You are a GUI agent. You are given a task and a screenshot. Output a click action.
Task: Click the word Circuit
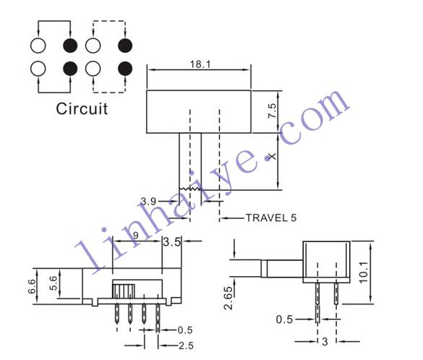82,108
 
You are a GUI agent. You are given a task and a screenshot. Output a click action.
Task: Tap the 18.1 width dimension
200,64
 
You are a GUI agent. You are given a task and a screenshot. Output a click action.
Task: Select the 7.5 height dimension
272,111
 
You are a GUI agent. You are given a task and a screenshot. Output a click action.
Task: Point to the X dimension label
273,156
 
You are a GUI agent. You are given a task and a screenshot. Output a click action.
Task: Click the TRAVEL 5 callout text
271,218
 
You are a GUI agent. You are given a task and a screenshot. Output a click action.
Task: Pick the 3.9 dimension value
148,201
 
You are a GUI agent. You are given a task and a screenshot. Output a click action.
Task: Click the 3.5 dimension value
171,242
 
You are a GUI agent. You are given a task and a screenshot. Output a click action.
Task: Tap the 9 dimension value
136,236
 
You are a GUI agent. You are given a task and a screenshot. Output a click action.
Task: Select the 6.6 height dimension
32,286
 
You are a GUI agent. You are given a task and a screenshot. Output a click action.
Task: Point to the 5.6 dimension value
53,283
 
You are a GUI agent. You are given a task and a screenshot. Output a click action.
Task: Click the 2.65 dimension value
228,298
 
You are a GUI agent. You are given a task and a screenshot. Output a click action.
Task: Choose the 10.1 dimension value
364,272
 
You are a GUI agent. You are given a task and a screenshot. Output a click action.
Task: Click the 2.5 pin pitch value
186,346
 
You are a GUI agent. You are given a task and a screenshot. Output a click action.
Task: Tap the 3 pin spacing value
325,342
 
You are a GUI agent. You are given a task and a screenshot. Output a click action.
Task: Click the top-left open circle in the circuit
38,46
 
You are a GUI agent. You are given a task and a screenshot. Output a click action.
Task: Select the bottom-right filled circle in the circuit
125,69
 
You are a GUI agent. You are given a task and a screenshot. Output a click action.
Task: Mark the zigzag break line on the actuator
190,189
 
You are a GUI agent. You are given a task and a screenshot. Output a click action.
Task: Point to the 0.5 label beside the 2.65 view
284,320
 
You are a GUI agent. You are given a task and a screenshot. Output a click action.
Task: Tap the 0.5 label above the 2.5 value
185,330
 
